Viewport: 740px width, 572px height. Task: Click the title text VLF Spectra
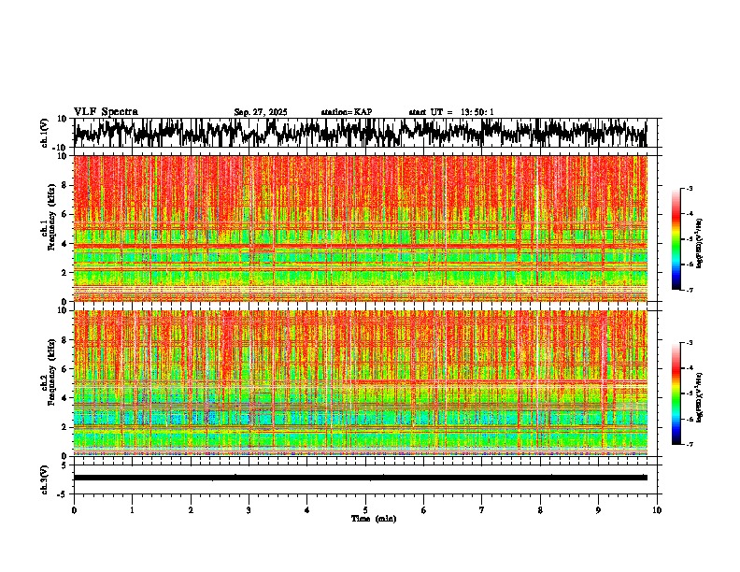click(106, 111)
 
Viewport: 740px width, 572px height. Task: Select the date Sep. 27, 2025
click(261, 112)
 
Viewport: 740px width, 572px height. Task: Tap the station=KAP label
click(347, 112)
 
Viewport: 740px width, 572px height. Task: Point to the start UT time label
click(451, 112)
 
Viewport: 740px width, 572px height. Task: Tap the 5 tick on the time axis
click(365, 510)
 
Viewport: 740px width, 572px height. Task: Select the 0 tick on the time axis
click(74, 510)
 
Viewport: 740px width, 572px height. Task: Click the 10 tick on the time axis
click(657, 510)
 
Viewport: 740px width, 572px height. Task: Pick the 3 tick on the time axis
click(249, 510)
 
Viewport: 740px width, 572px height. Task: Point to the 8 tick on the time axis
click(540, 510)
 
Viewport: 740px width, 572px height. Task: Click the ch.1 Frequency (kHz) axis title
click(47, 229)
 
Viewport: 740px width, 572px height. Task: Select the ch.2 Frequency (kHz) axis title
click(47, 383)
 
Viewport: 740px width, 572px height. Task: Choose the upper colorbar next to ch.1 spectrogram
click(676, 239)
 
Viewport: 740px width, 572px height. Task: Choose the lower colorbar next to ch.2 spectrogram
click(676, 393)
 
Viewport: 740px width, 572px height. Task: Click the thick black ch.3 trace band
click(364, 478)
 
